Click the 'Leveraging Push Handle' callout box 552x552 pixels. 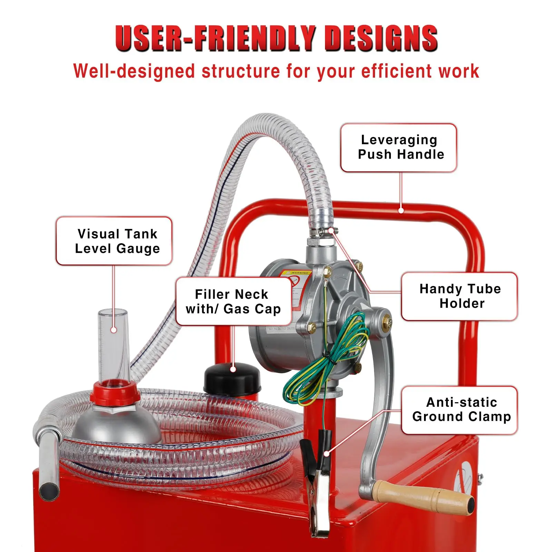(398, 147)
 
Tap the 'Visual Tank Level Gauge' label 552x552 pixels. (114, 241)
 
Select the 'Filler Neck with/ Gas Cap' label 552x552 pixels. (234, 302)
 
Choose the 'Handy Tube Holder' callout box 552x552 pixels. (459, 296)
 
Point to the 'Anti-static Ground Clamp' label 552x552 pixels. (459, 410)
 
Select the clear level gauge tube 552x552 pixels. (113, 345)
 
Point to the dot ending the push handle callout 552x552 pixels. (401, 210)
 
